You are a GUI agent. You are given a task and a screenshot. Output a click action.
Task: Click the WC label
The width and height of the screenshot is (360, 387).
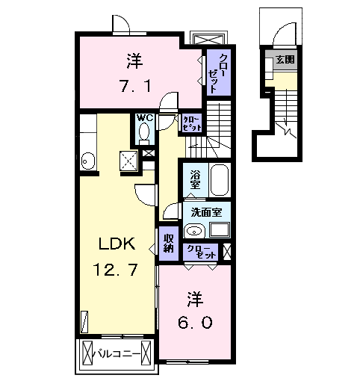pyautogui.click(x=145, y=118)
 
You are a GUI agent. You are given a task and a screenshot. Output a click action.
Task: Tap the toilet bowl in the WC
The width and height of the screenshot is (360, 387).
pyautogui.click(x=144, y=131)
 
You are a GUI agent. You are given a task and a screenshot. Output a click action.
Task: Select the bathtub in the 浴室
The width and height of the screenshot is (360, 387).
pyautogui.click(x=220, y=180)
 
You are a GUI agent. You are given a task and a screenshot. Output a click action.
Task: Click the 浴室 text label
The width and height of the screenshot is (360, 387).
pyautogui.click(x=196, y=179)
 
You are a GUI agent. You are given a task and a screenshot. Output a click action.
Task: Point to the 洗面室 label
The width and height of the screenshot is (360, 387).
pyautogui.click(x=206, y=212)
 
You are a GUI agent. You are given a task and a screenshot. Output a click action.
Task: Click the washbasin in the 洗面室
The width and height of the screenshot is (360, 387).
pyautogui.click(x=194, y=231)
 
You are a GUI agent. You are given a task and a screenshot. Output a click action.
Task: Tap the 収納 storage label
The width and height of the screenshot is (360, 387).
pyautogui.click(x=169, y=244)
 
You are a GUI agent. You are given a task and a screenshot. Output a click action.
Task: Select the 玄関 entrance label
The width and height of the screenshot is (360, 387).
pyautogui.click(x=285, y=60)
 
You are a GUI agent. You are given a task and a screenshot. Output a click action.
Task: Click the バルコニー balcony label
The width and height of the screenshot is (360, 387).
pyautogui.click(x=117, y=354)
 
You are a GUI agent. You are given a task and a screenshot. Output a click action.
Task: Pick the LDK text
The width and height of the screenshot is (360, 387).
pyautogui.click(x=117, y=244)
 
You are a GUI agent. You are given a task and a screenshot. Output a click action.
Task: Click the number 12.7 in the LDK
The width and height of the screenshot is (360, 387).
pyautogui.click(x=115, y=270)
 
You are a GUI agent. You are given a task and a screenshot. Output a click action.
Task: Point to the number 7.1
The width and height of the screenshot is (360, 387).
pyautogui.click(x=136, y=86)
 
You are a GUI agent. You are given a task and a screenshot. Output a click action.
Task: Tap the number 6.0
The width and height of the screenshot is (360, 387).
pyautogui.click(x=195, y=323)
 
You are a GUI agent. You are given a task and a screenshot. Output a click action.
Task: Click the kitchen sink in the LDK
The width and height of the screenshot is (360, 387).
pyautogui.click(x=88, y=161)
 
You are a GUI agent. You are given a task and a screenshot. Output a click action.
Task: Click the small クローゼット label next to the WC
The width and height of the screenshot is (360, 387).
pyautogui.click(x=192, y=124)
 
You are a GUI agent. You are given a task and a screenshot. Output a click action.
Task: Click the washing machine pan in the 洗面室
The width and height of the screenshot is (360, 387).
pyautogui.click(x=220, y=229)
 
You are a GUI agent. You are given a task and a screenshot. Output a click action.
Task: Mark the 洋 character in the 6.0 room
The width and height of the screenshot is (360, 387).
pyautogui.click(x=196, y=300)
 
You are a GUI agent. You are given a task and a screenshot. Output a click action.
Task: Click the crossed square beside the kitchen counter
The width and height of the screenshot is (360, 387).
pyautogui.click(x=128, y=161)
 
